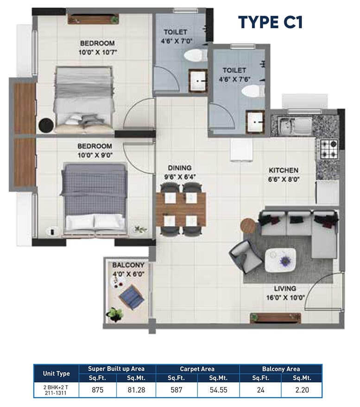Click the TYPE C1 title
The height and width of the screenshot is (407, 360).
270,22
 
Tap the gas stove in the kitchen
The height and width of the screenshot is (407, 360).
328,149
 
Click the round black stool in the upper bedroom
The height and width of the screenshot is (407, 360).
46,125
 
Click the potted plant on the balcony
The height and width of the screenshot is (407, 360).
115,314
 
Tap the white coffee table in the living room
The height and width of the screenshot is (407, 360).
281,260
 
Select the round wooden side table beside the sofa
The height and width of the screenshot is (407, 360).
248,226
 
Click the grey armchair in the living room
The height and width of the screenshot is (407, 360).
246,256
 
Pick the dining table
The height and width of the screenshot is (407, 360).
181,209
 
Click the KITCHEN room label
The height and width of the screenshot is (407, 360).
284,170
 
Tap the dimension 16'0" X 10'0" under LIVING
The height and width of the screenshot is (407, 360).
285,298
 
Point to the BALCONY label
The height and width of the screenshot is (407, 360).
128,265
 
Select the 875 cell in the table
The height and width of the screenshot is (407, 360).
97,389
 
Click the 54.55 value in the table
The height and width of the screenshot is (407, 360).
218,389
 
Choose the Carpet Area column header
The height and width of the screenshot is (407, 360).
197,369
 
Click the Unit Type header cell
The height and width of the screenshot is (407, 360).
56,374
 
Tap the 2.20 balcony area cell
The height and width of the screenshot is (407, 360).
302,389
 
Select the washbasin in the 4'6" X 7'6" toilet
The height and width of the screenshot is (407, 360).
255,122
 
